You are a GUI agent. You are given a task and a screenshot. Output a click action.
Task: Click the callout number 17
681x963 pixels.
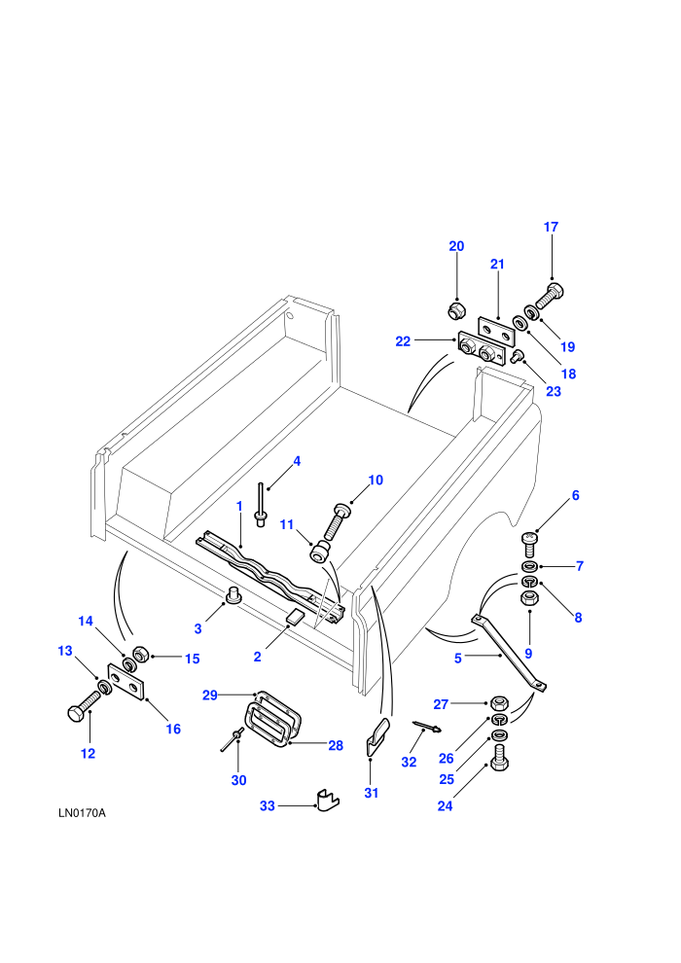point(551,227)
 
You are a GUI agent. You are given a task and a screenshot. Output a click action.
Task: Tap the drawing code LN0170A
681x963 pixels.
point(83,813)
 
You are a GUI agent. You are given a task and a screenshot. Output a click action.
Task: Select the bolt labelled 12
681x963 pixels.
point(84,705)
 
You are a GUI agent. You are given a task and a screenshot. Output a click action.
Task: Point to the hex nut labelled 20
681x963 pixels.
point(455,309)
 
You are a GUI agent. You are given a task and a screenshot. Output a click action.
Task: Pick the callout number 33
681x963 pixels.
point(268,805)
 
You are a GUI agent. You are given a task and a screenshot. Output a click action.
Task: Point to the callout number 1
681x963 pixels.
point(239,507)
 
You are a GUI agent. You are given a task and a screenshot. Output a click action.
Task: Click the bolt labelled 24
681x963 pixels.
point(500,757)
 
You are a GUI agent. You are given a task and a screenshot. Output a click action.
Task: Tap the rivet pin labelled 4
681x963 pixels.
point(261,506)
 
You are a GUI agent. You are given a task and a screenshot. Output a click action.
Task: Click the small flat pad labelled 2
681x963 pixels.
point(295,618)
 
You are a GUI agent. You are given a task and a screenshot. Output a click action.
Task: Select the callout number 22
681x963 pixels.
point(403,341)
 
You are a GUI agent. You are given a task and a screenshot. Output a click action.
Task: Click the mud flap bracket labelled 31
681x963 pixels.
point(377,736)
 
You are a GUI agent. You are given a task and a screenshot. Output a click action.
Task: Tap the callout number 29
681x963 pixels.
point(210,695)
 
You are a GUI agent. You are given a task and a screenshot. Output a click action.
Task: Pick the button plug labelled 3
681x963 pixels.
point(233,595)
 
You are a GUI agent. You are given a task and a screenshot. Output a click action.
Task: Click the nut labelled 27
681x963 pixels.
point(498,702)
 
